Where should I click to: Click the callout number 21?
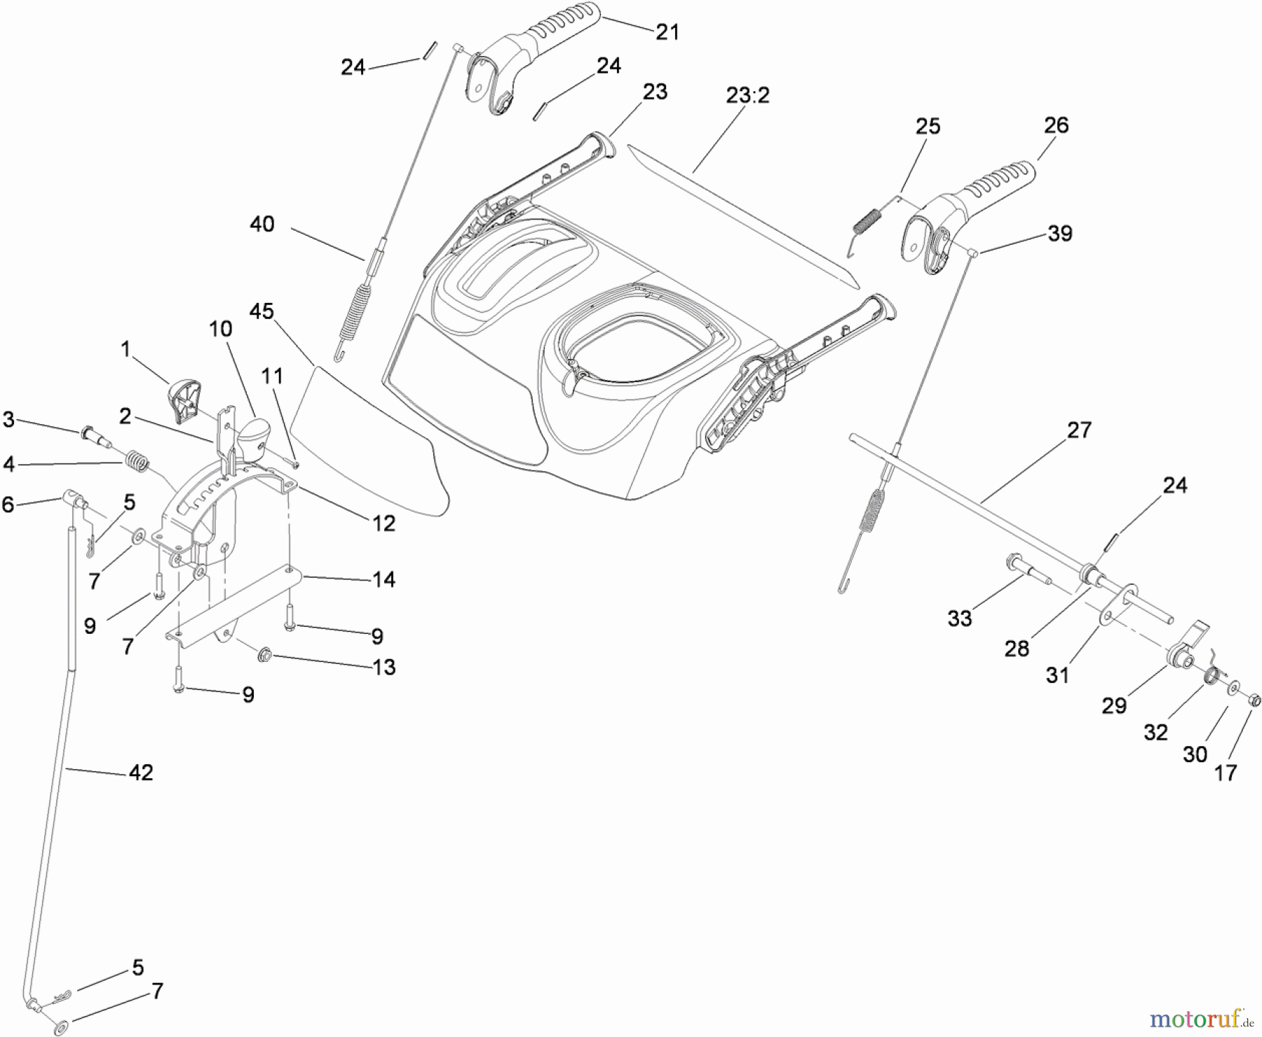tap(667, 32)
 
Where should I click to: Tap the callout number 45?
tap(262, 311)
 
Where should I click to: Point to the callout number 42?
tap(141, 772)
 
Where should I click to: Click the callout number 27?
tap(1079, 430)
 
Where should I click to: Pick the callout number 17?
tap(1226, 773)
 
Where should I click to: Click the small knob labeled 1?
tap(184, 397)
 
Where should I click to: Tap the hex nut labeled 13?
tap(264, 656)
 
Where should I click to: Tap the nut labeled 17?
tap(1255, 699)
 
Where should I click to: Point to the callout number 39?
tap(1059, 233)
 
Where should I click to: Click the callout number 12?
tap(384, 523)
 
